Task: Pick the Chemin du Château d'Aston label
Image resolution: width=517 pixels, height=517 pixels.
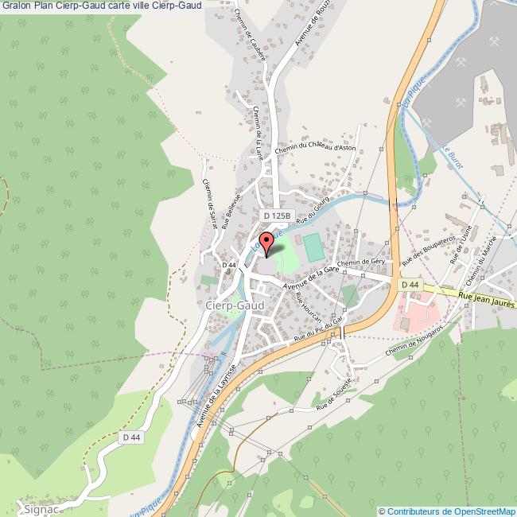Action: pyautogui.click(x=315, y=149)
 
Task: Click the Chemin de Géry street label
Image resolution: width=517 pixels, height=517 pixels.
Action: pyautogui.click(x=361, y=262)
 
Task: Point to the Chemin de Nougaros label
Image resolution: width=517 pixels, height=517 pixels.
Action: pyautogui.click(x=414, y=340)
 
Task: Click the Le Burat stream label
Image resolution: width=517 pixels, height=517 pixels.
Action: pyautogui.click(x=447, y=159)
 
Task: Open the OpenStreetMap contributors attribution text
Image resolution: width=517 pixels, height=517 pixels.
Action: pyautogui.click(x=447, y=511)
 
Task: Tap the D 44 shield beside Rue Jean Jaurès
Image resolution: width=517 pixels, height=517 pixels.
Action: pyautogui.click(x=410, y=285)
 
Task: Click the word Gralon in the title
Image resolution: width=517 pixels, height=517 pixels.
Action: pyautogui.click(x=16, y=6)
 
